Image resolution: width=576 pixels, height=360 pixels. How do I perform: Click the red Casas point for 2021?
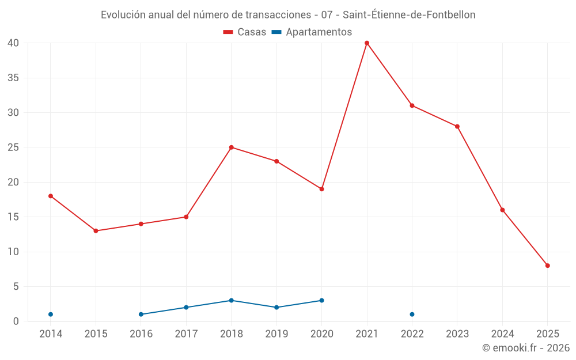pos(367,43)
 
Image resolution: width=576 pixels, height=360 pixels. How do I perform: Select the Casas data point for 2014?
pos(51,196)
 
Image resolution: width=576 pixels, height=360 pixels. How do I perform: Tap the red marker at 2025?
pos(548,266)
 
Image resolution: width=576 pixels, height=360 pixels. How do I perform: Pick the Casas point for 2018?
pos(232,147)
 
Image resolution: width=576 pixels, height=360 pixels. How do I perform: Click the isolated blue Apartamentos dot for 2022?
pos(412,314)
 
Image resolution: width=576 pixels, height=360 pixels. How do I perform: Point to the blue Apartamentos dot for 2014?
pos(51,314)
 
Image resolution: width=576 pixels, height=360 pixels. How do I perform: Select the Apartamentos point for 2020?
pos(321,301)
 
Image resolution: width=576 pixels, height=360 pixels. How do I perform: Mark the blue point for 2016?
pos(141,314)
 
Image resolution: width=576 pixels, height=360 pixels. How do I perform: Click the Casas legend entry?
pos(245,32)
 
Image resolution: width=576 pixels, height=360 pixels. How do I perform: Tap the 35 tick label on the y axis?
pos(13,78)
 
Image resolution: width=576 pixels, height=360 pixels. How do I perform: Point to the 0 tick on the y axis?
pos(16,321)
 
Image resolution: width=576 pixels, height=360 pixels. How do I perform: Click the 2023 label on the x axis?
pos(457,334)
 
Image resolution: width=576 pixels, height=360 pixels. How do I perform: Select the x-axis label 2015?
pos(96,334)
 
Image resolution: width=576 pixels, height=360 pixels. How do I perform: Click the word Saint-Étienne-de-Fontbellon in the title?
pos(409,15)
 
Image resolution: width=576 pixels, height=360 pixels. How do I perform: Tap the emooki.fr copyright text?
pos(526,348)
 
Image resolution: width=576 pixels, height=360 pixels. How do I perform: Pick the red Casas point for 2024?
pos(502,210)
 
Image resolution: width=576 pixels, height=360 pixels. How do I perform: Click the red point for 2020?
pos(321,189)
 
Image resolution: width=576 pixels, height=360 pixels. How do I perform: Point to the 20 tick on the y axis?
pos(13,182)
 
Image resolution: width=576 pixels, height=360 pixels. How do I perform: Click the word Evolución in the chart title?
pos(123,15)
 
